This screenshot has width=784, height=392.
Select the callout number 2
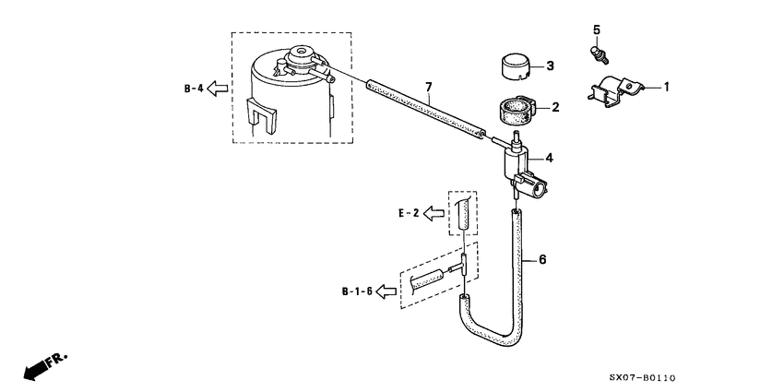pos(555,108)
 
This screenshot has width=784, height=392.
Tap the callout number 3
pos(551,65)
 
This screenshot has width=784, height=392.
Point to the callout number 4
pos(551,158)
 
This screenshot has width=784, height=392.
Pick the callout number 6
pos(542,260)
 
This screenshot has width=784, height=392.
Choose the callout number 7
pos(428,88)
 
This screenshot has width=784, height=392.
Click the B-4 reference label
pos(193,89)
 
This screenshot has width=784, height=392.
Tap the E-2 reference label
pos(409,213)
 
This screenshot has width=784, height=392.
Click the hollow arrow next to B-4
pos(218,89)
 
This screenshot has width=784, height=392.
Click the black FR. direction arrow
pos(38,368)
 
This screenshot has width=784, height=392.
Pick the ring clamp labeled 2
pos(518,111)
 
